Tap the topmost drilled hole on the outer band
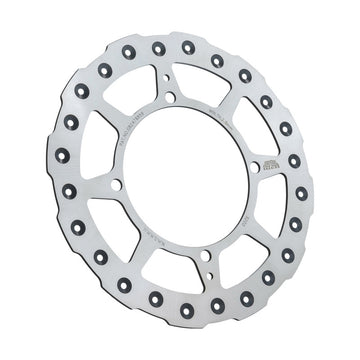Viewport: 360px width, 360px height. point(188,46)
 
